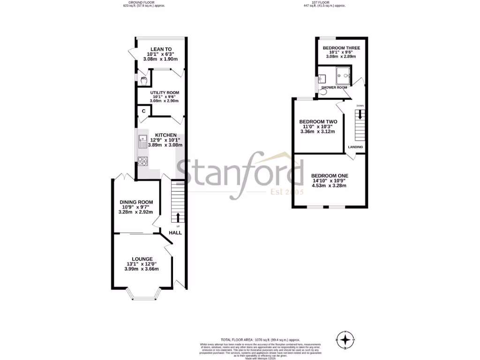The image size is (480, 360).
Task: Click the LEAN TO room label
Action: point(161,49)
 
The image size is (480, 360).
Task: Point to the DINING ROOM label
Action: point(135,202)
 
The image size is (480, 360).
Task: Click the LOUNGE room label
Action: point(142,259)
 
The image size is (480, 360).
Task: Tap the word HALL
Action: point(175,232)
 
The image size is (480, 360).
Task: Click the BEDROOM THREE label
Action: point(341,48)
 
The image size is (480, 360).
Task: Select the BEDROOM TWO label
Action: point(318,121)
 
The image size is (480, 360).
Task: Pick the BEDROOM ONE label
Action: point(330,176)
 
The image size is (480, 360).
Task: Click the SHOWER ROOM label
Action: point(334,88)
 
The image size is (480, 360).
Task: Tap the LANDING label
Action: point(355,147)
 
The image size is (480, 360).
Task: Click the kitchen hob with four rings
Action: point(142,161)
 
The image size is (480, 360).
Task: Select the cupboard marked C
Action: point(143,111)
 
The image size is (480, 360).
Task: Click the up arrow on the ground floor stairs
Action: point(178,217)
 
